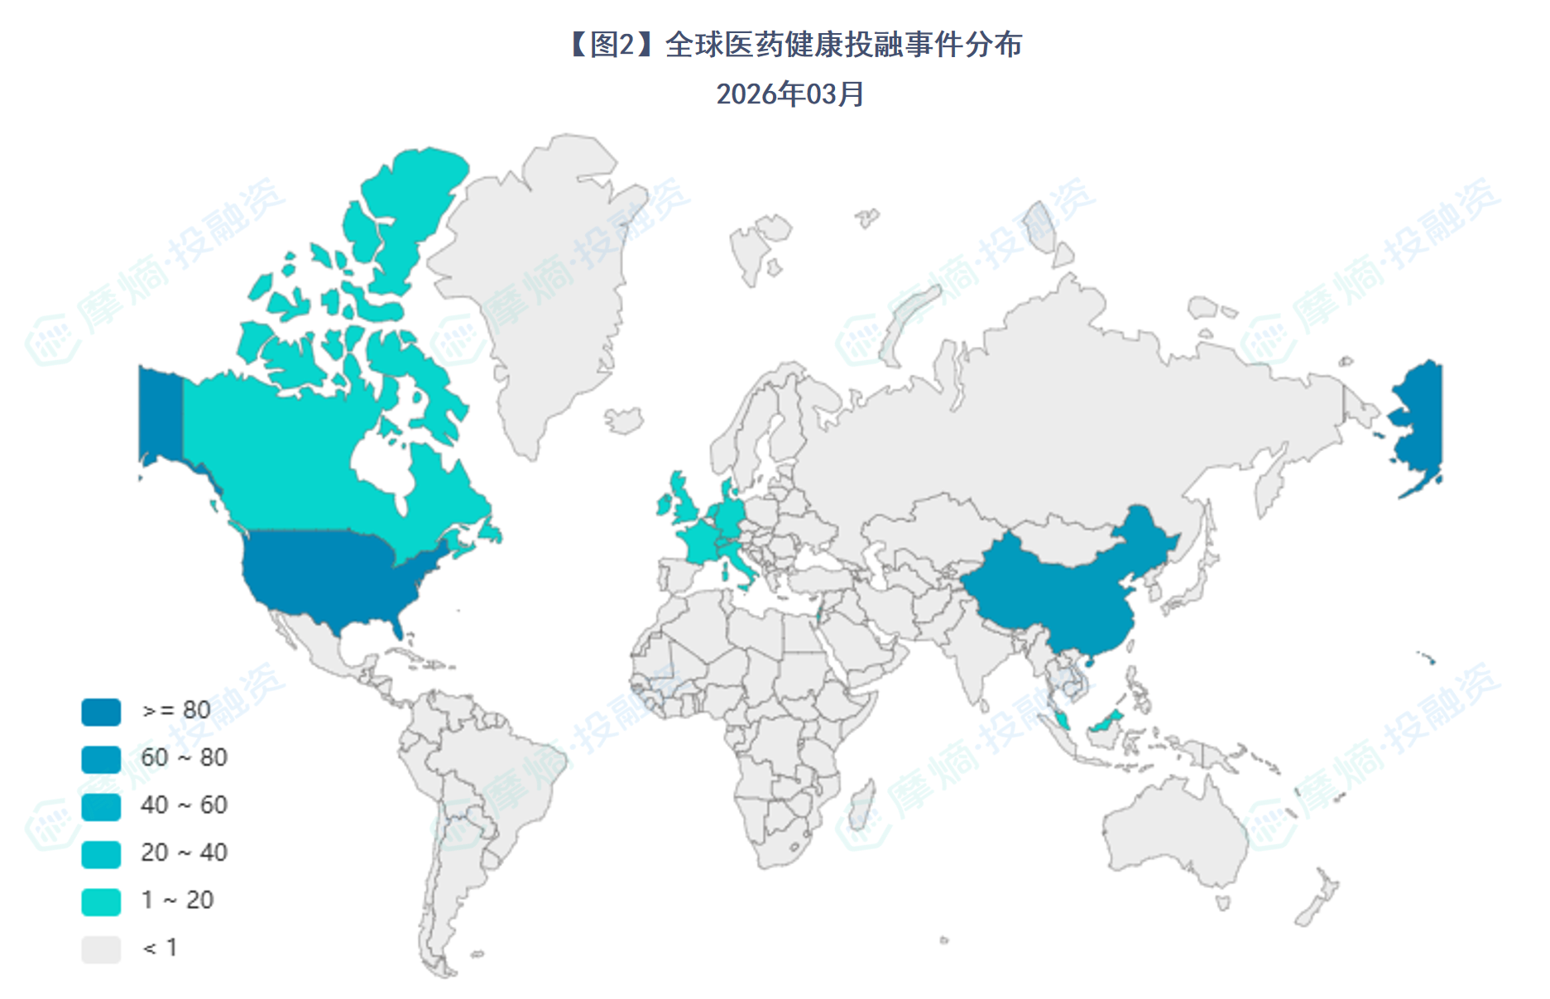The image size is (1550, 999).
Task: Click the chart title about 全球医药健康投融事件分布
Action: [x=794, y=45]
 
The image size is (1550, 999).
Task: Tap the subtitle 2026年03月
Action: [x=789, y=94]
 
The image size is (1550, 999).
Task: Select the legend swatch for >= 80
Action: [x=101, y=711]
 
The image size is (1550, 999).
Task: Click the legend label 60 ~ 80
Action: [x=184, y=757]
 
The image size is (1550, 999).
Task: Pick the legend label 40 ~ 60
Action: [x=184, y=804]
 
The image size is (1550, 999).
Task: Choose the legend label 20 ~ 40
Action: [x=184, y=853]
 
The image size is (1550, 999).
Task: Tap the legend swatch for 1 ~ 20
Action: [x=101, y=901]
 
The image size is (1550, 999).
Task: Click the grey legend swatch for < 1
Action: [x=101, y=949]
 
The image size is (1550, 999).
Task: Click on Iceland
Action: [x=625, y=420]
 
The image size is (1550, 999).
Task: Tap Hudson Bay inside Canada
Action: [x=381, y=459]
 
